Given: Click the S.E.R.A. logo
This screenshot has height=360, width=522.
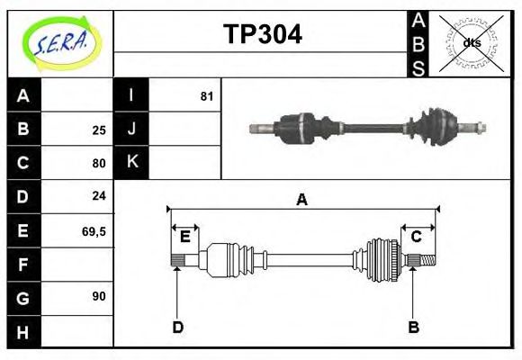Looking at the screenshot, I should click(x=60, y=43).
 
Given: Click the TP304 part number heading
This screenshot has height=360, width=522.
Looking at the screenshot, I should click(x=262, y=35).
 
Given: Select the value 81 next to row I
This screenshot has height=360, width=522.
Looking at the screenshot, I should click(x=207, y=95).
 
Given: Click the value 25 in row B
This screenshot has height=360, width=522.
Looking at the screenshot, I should click(x=99, y=130).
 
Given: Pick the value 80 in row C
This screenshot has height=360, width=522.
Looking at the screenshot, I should click(x=99, y=163).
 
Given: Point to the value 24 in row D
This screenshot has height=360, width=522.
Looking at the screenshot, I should click(x=99, y=195).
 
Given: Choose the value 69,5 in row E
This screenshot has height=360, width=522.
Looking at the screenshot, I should click(x=94, y=230).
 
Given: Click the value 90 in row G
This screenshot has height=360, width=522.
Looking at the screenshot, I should click(x=99, y=296).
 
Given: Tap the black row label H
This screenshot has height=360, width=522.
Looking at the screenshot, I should click(x=23, y=332).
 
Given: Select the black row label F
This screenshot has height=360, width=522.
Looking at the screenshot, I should click(x=23, y=265).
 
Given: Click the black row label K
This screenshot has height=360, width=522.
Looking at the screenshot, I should click(x=131, y=162).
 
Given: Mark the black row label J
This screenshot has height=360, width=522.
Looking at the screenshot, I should click(x=131, y=129).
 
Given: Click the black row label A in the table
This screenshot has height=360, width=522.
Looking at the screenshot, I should click(x=23, y=95).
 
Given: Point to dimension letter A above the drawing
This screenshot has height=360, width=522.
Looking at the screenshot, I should click(x=301, y=200).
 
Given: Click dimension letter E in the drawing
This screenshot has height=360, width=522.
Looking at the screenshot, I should click(x=184, y=237).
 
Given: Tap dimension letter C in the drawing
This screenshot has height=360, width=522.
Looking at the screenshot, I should click(x=417, y=237).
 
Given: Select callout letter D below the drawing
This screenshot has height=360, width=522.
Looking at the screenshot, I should click(x=177, y=327).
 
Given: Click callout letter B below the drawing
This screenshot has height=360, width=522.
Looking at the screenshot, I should click(x=413, y=327).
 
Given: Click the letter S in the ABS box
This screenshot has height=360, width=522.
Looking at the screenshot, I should click(x=418, y=66).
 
